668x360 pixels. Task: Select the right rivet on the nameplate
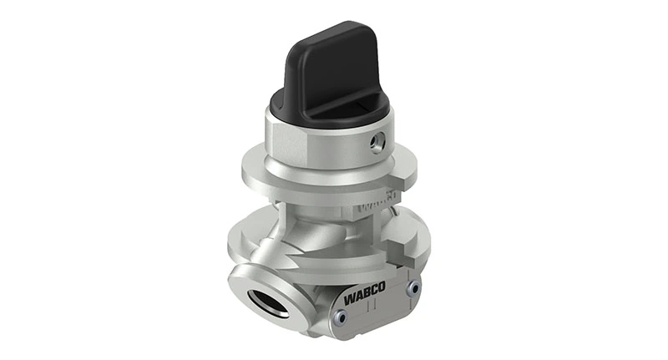pyautogui.click(x=412, y=287)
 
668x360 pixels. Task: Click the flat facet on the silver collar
pyautogui.click(x=284, y=146)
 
